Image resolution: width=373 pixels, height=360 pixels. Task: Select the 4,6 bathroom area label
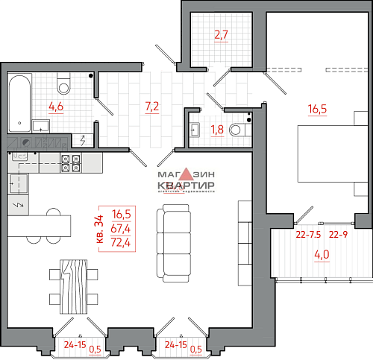pyautogui.click(x=56, y=107)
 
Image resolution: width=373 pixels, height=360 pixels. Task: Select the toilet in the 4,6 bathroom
pyautogui.click(x=63, y=84)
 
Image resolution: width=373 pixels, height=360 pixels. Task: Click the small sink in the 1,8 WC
pyautogui.click(x=195, y=130)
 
